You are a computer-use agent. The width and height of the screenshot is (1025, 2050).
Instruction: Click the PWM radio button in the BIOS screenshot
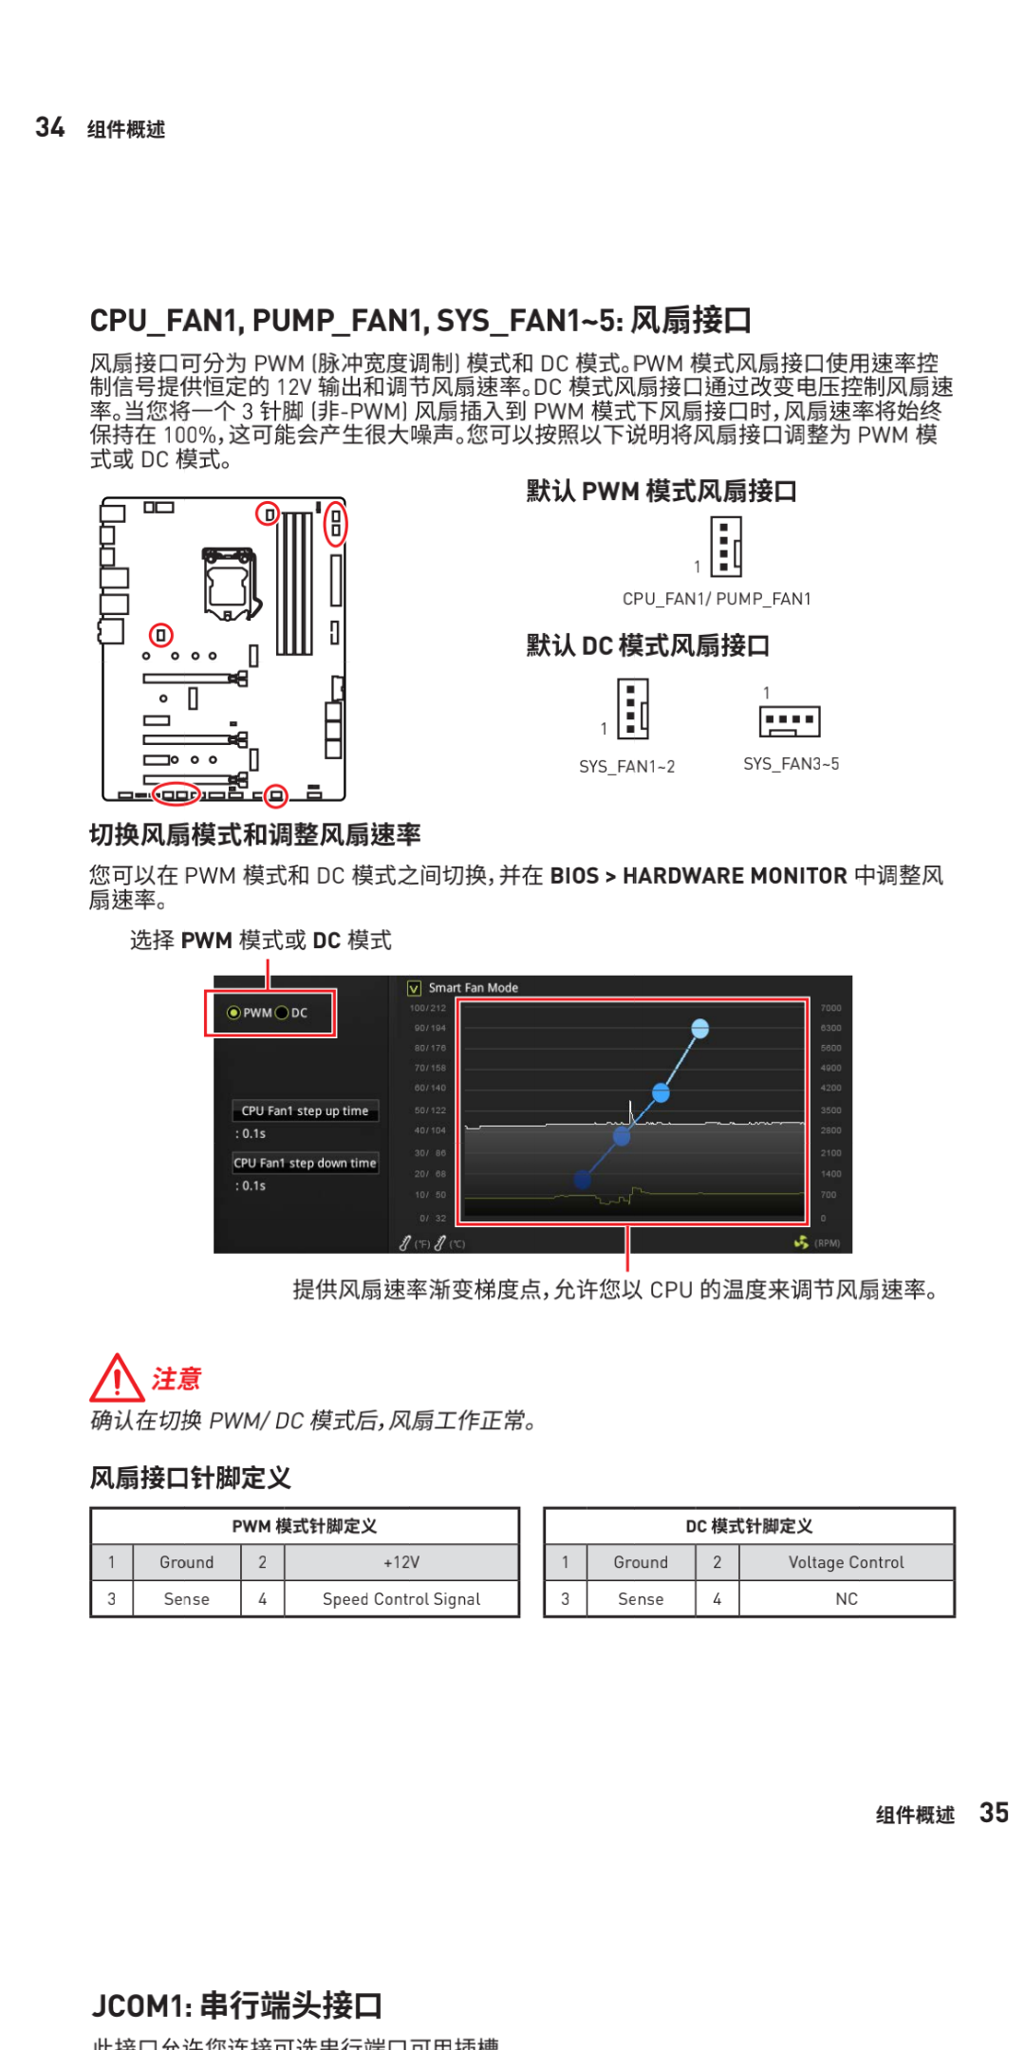233,1013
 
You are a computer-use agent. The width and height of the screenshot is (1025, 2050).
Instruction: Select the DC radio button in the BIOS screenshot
282,1013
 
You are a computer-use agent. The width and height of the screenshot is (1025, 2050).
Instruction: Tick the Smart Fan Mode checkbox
415,988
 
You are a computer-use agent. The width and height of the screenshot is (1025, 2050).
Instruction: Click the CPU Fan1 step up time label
305,1110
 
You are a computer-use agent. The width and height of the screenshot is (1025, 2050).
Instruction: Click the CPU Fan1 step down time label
305,1163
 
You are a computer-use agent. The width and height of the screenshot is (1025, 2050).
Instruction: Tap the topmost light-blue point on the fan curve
700,1028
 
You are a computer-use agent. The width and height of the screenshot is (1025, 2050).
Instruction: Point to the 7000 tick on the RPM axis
830,1008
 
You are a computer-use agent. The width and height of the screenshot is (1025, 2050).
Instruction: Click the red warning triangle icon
117,1378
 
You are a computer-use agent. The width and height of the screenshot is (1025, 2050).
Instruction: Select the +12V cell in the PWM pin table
401,1562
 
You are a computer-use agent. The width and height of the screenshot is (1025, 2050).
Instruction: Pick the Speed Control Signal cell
401,1599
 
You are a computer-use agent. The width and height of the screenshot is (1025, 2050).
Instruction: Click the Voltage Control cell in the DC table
846,1562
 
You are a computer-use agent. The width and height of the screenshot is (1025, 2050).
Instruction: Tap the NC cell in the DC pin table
846,1599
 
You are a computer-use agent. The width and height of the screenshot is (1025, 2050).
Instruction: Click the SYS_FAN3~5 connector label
791,764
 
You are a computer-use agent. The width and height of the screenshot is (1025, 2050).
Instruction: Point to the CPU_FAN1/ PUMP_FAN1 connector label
717,599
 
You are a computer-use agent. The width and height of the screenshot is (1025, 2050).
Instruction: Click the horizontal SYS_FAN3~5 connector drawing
790,721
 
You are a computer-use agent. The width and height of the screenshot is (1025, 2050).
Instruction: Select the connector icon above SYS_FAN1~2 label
633,709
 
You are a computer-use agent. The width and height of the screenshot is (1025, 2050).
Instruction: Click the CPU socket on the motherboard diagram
229,582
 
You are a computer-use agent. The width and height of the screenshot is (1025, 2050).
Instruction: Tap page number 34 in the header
50,127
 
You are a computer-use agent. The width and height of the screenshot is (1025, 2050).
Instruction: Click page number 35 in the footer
994,1813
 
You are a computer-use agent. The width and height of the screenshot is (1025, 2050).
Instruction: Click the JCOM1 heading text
237,2005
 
